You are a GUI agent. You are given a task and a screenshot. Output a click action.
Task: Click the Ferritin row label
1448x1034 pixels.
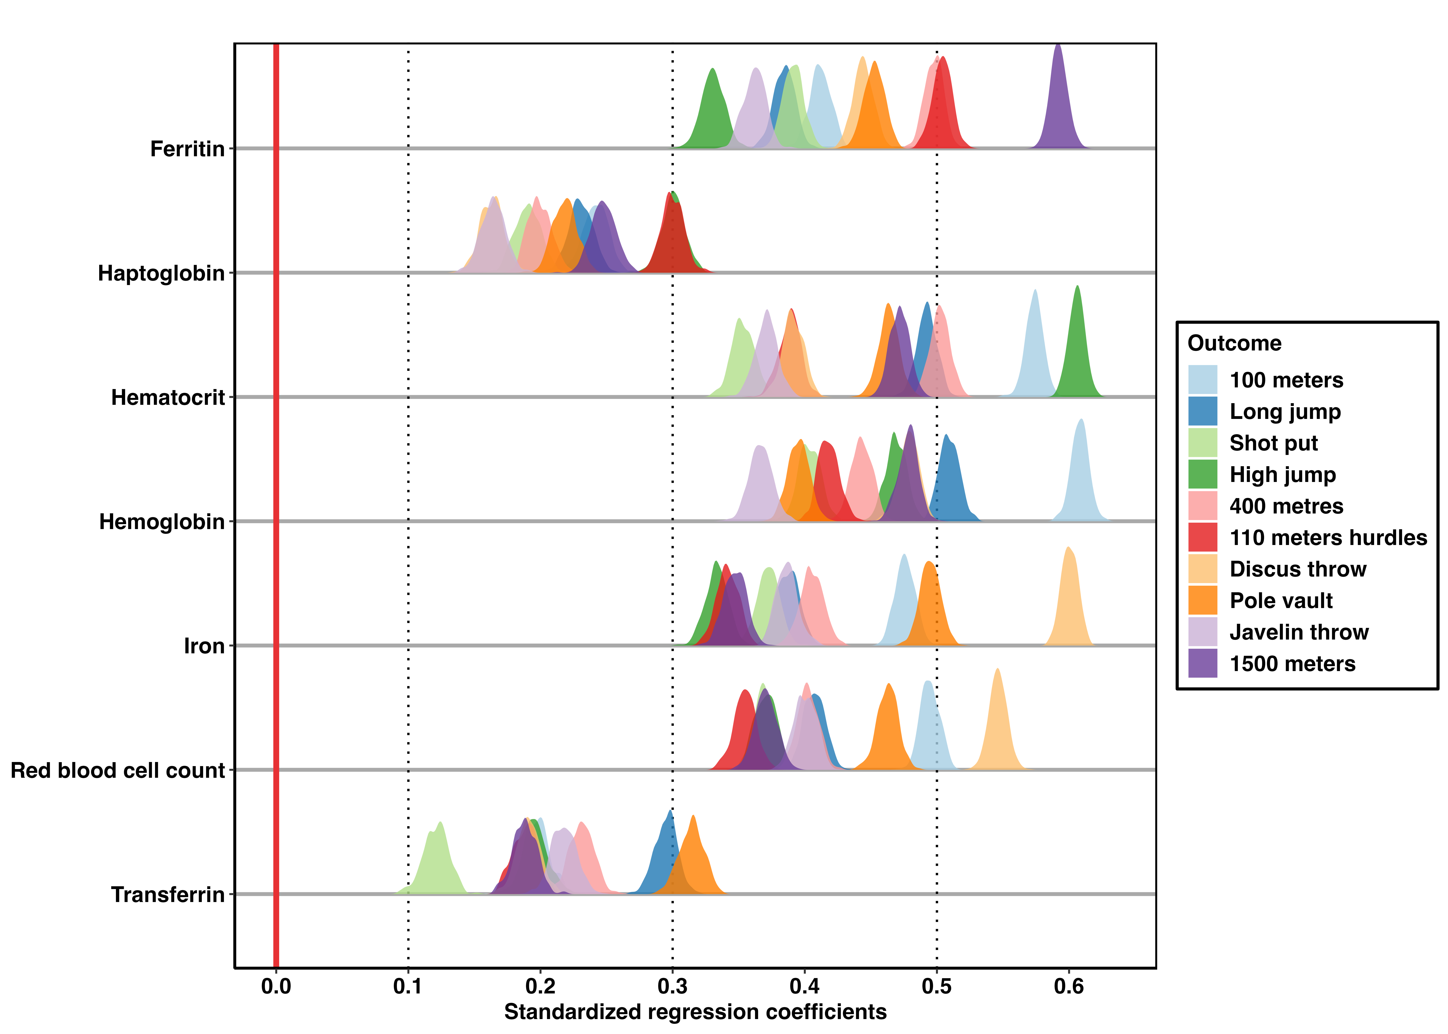[187, 149]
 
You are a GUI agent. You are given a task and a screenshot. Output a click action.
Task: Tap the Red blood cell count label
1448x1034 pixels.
[118, 770]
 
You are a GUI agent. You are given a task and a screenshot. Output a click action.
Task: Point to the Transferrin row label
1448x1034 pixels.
[168, 895]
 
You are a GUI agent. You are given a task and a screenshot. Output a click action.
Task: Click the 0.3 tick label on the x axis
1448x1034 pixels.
[672, 986]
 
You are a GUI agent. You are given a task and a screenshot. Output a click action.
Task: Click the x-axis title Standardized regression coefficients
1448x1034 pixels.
[695, 1012]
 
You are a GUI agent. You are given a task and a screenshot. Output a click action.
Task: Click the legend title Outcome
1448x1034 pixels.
[1234, 343]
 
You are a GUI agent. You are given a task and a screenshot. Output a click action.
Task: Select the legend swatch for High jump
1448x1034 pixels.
[1202, 474]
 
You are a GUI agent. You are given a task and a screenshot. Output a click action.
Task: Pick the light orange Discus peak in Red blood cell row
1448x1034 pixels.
[997, 669]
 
